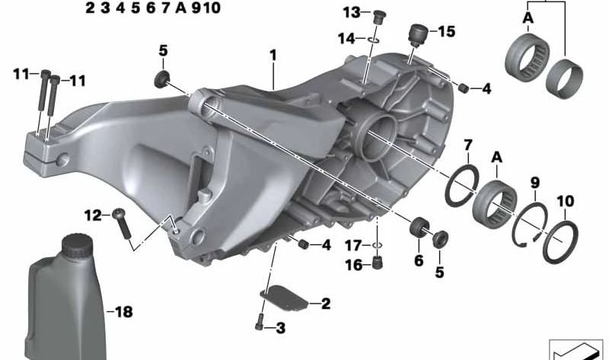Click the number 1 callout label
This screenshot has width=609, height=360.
272,56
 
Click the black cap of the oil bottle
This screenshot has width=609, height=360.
75,247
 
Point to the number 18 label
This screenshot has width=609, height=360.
123,312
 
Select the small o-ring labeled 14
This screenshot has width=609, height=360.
371,38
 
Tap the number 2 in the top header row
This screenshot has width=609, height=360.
90,8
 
